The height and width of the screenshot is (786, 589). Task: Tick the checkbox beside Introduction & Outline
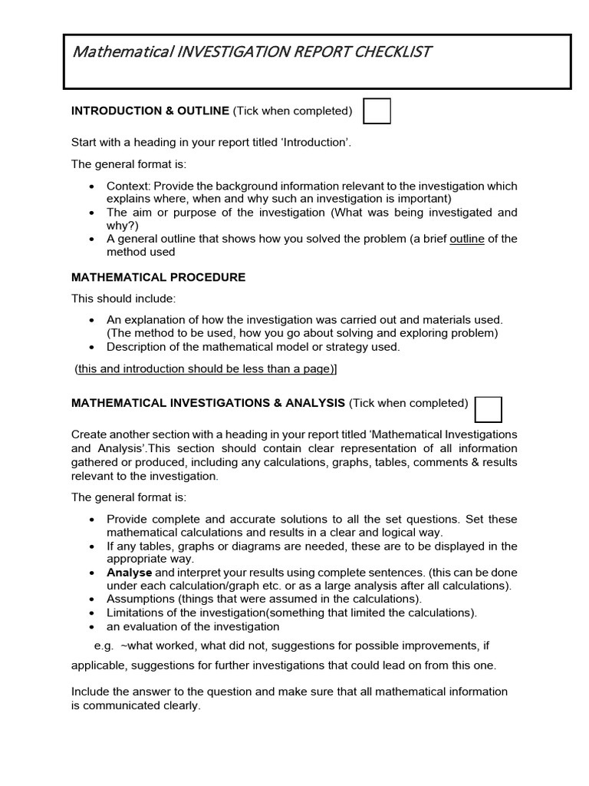377,111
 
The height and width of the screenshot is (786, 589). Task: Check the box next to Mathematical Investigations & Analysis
489,409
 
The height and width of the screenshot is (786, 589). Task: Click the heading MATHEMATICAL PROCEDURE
158,277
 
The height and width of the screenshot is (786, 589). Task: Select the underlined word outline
466,239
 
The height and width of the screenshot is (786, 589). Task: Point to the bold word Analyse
130,573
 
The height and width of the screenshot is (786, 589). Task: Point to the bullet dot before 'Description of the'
92,347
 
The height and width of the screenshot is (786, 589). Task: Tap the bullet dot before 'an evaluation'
92,626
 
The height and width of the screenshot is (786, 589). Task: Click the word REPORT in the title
308,52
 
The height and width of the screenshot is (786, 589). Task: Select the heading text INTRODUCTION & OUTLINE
150,111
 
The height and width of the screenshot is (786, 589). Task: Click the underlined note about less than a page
206,369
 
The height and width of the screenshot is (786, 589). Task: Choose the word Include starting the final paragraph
91,692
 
